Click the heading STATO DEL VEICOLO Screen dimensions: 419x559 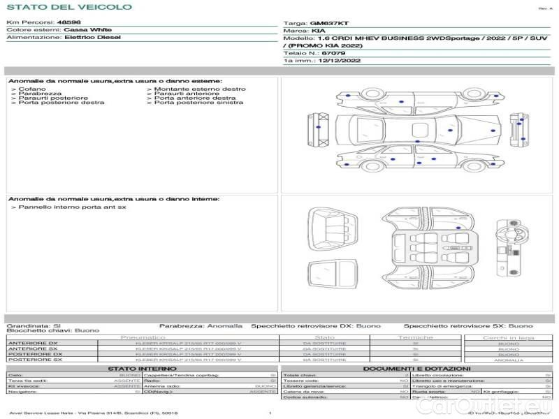pos(68,7)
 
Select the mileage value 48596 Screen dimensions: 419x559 pos(68,23)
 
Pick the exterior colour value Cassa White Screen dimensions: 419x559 pos(87,31)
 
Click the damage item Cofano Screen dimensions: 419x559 pos(32,89)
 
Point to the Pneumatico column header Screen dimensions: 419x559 pos(143,337)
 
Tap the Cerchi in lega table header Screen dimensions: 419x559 pos(508,337)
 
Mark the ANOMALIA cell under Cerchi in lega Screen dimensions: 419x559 pos(508,360)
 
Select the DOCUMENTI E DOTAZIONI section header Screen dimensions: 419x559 pos(416,368)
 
